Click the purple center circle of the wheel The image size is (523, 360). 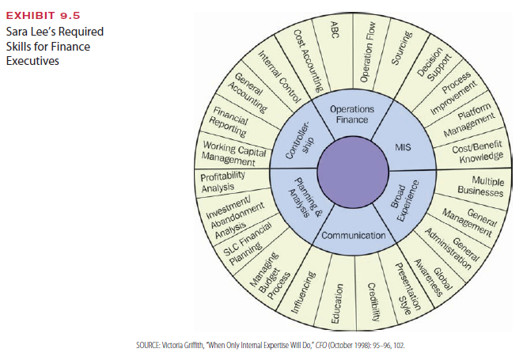point(353,169)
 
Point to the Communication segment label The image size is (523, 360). point(354,235)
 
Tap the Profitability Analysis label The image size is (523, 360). point(224,181)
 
